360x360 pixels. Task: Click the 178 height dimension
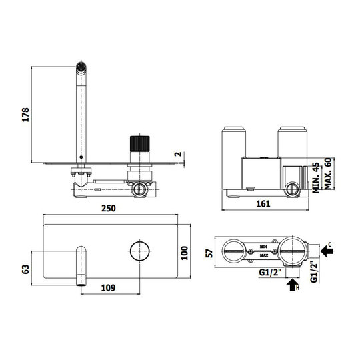pos(25,115)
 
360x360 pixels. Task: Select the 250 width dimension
pos(109,208)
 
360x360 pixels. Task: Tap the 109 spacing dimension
pos(108,287)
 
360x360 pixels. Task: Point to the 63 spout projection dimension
pos(25,269)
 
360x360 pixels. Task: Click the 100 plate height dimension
pos(185,253)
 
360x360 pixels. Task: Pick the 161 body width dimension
pos(263,203)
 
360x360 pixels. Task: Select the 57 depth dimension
pos(209,253)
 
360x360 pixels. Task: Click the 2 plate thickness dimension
pos(178,154)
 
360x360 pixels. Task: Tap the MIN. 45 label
pos(316,178)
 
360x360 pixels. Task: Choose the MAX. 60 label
pos(328,173)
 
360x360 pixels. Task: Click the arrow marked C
pos(327,251)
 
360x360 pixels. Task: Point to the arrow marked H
pos(293,285)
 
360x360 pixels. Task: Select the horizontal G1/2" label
pos(270,273)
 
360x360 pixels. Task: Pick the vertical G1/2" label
pos(313,272)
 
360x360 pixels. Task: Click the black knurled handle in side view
pos(140,143)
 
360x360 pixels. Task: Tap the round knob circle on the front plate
pos(140,251)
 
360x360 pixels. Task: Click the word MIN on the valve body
pos(263,247)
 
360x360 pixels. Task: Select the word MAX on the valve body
pos(264,255)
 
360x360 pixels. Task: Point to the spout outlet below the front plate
pos(81,282)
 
